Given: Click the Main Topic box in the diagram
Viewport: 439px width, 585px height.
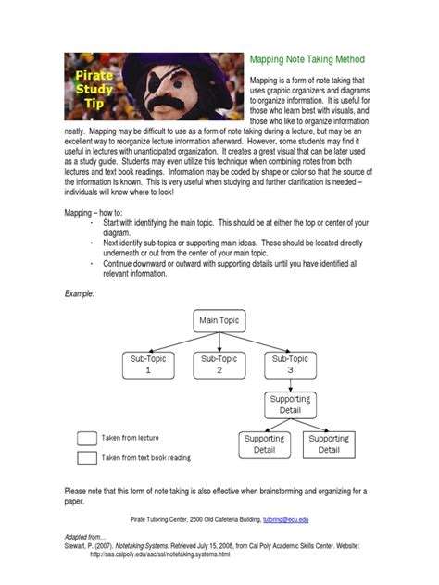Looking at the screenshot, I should (219, 320).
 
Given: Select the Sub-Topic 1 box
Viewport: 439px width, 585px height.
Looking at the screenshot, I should (147, 363).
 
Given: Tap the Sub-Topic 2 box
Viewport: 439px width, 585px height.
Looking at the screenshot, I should (219, 363).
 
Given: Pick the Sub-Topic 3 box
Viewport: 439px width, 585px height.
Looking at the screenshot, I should (290, 363).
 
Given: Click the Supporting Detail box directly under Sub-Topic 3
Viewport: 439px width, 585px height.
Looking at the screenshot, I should (290, 404).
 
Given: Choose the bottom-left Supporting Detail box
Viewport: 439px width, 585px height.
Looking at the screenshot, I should (264, 444).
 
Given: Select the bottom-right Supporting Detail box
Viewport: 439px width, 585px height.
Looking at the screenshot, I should (329, 444).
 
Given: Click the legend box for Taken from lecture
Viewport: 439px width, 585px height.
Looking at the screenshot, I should (87, 438).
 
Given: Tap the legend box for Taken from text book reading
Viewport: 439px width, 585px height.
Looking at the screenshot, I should (87, 457).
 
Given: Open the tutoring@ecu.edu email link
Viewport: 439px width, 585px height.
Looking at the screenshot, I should (289, 522).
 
